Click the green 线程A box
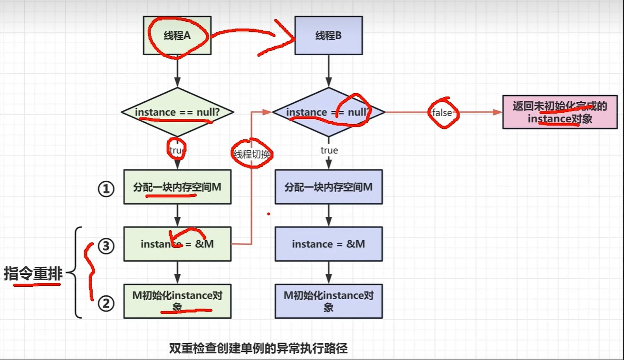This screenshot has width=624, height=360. coord(177,36)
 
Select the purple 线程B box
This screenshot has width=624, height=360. coord(328,36)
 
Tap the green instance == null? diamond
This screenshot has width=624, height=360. coord(177,112)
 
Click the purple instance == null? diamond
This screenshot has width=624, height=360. coord(328,112)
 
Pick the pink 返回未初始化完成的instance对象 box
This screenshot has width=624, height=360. coord(560,112)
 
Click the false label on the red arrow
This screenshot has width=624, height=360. coord(442,113)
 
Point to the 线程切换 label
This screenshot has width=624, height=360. coord(251,154)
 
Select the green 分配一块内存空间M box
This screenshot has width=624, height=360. coord(177,187)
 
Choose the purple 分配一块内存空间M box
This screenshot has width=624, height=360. coord(328,187)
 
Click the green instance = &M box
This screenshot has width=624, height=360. coord(177,244)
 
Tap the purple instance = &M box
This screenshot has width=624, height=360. coord(328,244)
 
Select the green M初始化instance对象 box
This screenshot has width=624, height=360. coord(177,301)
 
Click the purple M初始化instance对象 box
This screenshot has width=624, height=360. coord(328,301)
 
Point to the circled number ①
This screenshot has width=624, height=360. coord(106,189)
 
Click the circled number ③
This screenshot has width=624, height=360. coord(106,246)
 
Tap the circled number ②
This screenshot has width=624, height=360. coord(106,303)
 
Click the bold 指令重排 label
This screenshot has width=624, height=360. coord(33,274)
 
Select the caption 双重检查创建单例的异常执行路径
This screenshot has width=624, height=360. coord(259,349)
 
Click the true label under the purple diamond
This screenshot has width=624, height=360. coord(329,150)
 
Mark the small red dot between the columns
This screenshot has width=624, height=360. coord(269,214)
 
